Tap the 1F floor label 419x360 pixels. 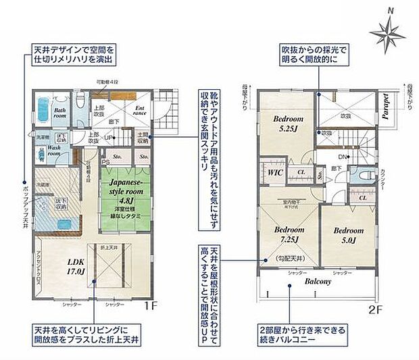coord(151,306)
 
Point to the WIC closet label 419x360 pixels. coord(275,172)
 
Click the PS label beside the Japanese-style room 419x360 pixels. coord(106,161)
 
